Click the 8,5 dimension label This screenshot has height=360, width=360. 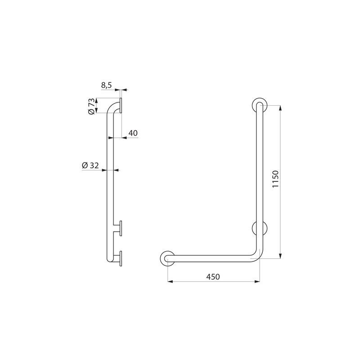[106, 84]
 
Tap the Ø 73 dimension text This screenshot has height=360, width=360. [91, 107]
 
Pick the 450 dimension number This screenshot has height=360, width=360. [213, 277]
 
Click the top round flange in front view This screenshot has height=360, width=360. [259, 105]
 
